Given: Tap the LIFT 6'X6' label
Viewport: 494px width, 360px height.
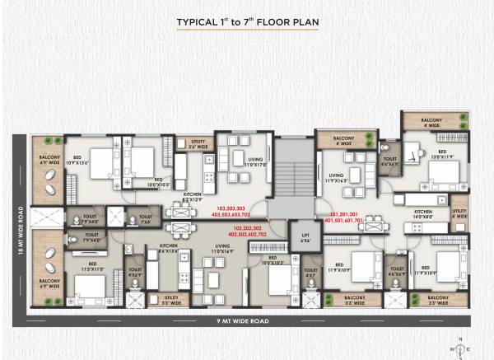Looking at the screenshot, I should [x=305, y=238].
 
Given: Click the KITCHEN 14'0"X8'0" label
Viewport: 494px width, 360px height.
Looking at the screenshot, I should [x=423, y=214].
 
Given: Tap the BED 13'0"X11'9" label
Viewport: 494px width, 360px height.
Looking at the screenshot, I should [x=441, y=154].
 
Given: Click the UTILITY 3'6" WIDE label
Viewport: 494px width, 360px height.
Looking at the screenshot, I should [x=197, y=145].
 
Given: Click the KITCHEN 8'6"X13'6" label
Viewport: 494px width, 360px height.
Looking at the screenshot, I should [x=170, y=248].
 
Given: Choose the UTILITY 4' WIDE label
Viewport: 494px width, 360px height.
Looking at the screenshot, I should [x=459, y=214].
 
